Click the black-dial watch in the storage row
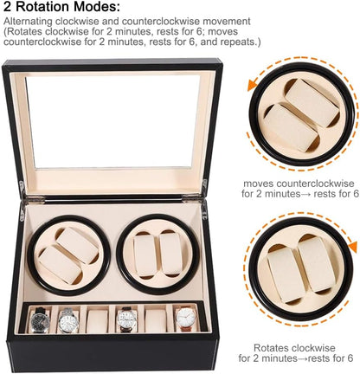tap(40, 320)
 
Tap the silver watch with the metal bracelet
tap(68, 321)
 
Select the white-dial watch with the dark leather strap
tap(127, 319)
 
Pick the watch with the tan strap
tap(186, 319)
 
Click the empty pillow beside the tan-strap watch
tap(156, 320)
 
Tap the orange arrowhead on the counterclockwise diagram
tap(253, 86)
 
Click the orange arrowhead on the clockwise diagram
tap(352, 246)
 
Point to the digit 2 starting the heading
tap(8, 7)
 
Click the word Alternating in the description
tap(28, 22)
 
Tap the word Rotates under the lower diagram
tap(272, 348)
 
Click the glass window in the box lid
tap(112, 121)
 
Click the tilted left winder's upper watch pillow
tap(77, 245)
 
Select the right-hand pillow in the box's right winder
tap(170, 254)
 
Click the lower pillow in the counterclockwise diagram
tap(287, 127)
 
